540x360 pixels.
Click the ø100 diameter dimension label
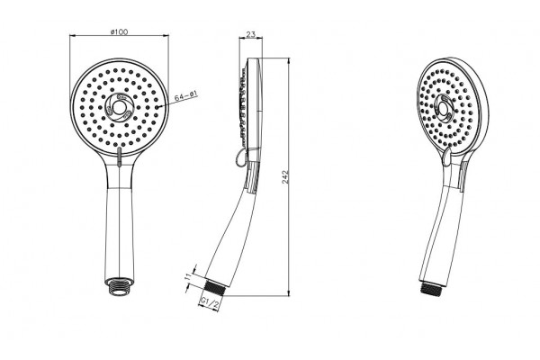pyautogui.click(x=119, y=32)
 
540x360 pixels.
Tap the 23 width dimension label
pyautogui.click(x=251, y=34)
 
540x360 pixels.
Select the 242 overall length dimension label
pyautogui.click(x=286, y=176)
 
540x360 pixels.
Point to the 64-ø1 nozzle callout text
pyautogui.click(x=185, y=95)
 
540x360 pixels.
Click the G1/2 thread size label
pyautogui.click(x=210, y=303)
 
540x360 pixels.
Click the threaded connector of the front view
pyautogui.click(x=119, y=285)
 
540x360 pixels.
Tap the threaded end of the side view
pyautogui.click(x=215, y=286)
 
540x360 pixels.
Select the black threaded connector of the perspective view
pyautogui.click(x=432, y=289)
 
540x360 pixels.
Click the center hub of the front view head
pyautogui.click(x=119, y=107)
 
